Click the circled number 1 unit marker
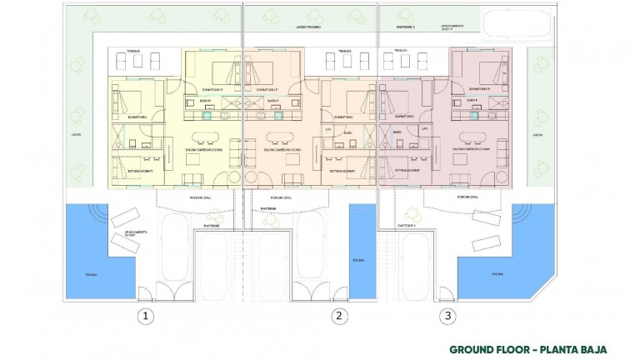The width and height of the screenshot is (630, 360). click(x=146, y=316)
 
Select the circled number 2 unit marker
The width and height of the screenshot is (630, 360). click(x=338, y=316)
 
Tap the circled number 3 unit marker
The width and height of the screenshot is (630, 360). click(x=449, y=316)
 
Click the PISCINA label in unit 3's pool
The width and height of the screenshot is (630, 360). click(x=497, y=273)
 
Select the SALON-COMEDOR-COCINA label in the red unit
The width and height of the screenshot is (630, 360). click(x=469, y=150)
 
